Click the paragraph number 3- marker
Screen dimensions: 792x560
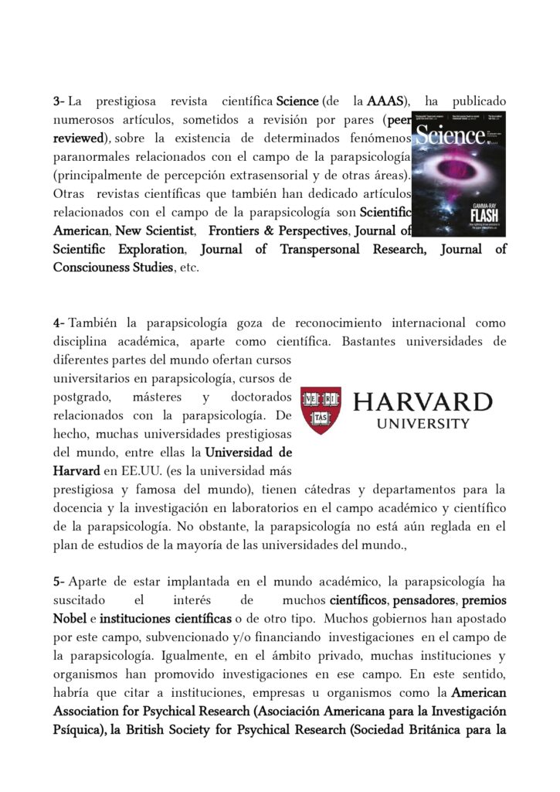pyautogui.click(x=59, y=101)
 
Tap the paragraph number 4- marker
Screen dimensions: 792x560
pyautogui.click(x=59, y=323)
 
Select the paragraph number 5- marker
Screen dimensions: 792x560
pyautogui.click(x=59, y=581)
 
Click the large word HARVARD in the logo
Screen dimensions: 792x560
pyautogui.click(x=422, y=403)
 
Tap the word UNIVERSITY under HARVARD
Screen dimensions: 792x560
pyautogui.click(x=423, y=424)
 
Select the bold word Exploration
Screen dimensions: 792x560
pyautogui.click(x=145, y=249)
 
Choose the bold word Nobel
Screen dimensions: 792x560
pyautogui.click(x=70, y=618)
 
